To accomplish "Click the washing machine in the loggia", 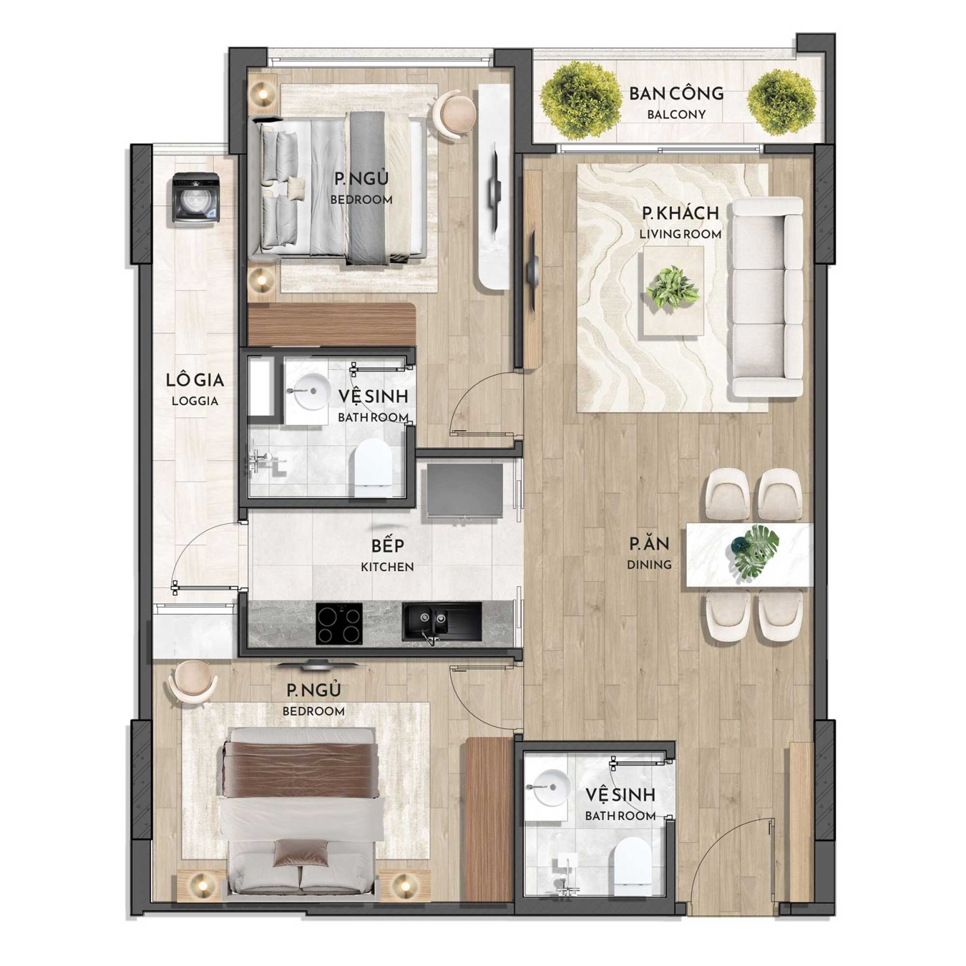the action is coord(196,198).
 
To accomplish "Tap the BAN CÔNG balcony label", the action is coord(676,102).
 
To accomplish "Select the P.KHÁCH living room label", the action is coord(681,222).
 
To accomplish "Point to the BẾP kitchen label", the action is coord(387,554).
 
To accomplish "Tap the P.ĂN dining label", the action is coord(650,553).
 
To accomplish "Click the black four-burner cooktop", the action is coord(339,623).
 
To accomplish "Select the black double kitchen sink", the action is coord(441,622).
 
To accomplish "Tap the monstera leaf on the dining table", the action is coord(757,551).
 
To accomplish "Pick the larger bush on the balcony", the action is coord(581,100).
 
